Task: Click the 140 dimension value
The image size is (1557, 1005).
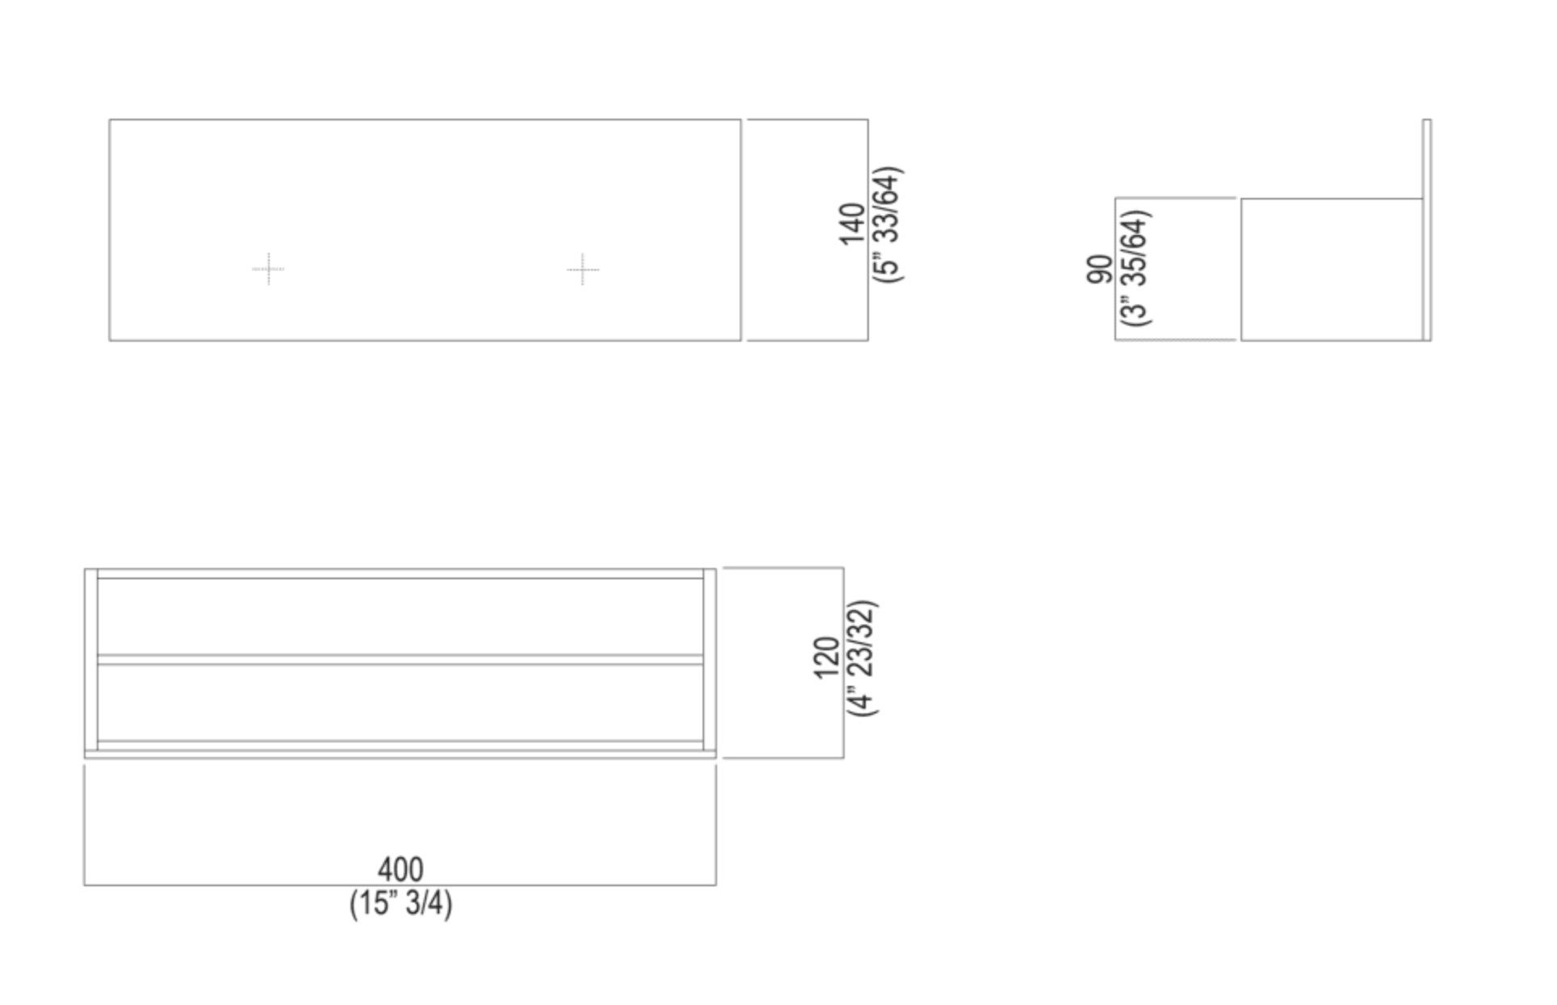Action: (x=852, y=225)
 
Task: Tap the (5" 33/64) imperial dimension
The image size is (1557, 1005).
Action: (x=888, y=225)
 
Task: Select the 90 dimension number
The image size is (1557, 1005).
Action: (x=1099, y=269)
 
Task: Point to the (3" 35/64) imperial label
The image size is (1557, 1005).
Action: (x=1135, y=268)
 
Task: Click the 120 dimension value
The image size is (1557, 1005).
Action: (x=828, y=658)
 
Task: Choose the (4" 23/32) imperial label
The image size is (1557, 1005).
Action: (x=862, y=658)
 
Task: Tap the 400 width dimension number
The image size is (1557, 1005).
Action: (x=401, y=870)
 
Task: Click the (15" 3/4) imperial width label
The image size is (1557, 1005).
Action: (x=401, y=903)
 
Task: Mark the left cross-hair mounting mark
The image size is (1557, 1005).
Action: (x=268, y=269)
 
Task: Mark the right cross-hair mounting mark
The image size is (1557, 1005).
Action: (x=583, y=269)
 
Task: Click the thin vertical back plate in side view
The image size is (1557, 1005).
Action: (x=1427, y=230)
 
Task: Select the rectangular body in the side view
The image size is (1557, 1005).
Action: (x=1331, y=269)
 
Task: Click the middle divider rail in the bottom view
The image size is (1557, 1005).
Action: (x=401, y=660)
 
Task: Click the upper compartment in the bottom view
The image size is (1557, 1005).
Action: (x=401, y=616)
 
